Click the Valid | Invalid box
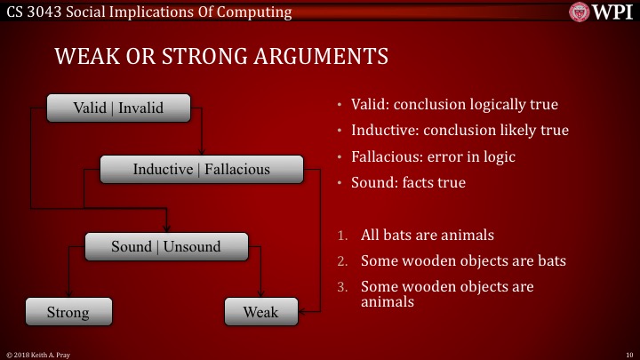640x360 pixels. pos(118,108)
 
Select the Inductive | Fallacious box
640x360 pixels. pos(201,169)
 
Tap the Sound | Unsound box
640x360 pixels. pos(165,246)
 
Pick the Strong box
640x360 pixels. pos(68,312)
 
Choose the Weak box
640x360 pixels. pos(260,312)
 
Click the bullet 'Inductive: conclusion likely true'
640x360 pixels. pos(460,130)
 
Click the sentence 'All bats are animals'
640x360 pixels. pos(427,236)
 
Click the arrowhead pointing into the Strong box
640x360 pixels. pos(69,296)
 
